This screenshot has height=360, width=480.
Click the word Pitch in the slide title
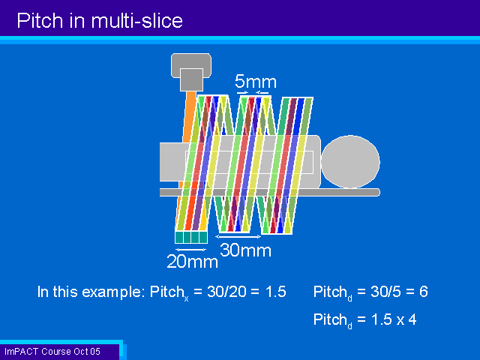click(40, 21)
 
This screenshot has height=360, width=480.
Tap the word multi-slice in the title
click(136, 21)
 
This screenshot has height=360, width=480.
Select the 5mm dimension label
click(256, 82)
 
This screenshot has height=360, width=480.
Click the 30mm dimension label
click(245, 250)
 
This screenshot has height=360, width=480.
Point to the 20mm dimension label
click(192, 262)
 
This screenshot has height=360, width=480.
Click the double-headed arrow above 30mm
click(238, 236)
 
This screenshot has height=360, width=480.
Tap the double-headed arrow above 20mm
click(191, 250)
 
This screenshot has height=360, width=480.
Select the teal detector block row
click(191, 237)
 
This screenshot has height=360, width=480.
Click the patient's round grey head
click(350, 161)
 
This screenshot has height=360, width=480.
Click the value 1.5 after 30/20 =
click(275, 292)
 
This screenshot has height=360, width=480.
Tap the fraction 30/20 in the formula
click(226, 292)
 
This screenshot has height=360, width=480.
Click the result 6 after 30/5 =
click(424, 292)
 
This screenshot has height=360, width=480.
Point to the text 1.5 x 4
click(394, 319)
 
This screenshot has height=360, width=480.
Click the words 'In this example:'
click(91, 292)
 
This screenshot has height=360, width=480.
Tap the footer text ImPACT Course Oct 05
click(52, 352)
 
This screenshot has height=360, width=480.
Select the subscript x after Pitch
click(186, 298)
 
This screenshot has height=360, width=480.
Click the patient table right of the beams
click(338, 192)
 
